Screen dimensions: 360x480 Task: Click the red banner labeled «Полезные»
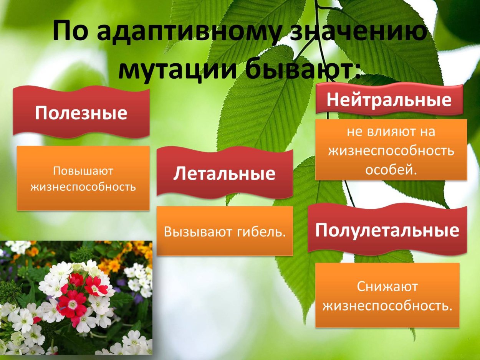click(x=81, y=113)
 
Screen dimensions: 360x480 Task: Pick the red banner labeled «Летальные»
click(x=224, y=173)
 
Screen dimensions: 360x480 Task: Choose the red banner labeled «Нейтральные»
click(x=389, y=100)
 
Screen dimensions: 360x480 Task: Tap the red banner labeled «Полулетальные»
click(x=387, y=230)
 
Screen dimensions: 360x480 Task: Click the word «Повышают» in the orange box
click(x=83, y=171)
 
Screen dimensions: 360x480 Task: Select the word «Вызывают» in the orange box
click(x=194, y=231)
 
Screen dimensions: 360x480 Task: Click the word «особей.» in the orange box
click(x=391, y=170)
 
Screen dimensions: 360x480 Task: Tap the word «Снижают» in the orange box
click(x=387, y=286)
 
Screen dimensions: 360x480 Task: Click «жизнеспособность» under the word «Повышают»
click(x=83, y=187)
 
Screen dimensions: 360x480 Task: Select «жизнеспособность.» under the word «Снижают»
click(x=387, y=306)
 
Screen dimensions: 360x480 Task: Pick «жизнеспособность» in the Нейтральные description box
click(x=391, y=150)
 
